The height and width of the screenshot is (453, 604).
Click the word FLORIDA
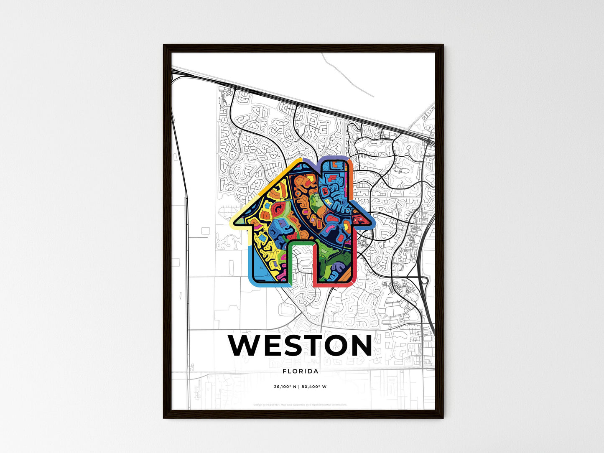(x=301, y=371)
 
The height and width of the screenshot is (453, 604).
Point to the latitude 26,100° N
(x=285, y=387)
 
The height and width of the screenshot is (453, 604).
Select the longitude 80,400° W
(x=315, y=387)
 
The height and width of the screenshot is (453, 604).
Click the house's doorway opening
(x=301, y=263)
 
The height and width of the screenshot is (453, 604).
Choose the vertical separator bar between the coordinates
(x=300, y=387)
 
